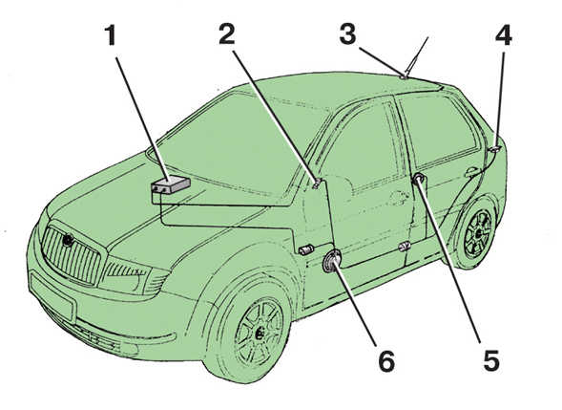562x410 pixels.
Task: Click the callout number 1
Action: [111, 36]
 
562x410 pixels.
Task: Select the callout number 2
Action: [226, 34]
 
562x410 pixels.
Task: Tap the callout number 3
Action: [347, 34]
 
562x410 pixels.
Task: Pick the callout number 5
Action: [491, 360]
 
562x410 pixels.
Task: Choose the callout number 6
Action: [386, 360]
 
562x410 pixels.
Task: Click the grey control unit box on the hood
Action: [170, 184]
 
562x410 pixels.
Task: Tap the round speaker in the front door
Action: [331, 262]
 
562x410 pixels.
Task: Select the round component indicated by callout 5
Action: [418, 178]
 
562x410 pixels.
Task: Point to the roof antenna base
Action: [404, 76]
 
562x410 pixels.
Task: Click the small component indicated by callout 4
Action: [495, 148]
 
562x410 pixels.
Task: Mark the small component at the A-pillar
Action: [317, 183]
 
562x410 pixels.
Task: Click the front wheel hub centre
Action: [260, 334]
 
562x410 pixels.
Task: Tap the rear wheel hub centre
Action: [478, 233]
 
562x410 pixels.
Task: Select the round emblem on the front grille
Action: [68, 240]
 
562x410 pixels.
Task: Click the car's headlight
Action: [131, 274]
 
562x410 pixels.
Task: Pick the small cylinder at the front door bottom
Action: [306, 249]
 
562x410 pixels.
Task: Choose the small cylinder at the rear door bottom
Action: [405, 247]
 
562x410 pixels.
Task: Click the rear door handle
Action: [471, 172]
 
